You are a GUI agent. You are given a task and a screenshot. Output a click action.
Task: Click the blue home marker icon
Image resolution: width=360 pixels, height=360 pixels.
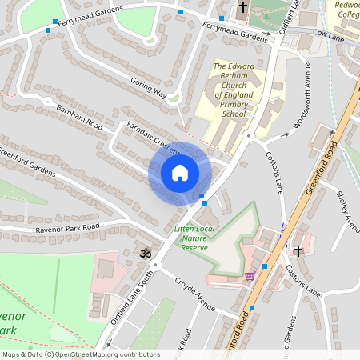(180, 173)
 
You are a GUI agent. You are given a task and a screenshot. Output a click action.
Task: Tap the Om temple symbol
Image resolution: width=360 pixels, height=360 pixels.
(145, 254)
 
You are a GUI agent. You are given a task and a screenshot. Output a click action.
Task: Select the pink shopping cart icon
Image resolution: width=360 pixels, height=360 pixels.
(250, 276)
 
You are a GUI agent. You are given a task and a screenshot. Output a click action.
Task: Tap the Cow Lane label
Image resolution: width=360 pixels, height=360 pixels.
(328, 34)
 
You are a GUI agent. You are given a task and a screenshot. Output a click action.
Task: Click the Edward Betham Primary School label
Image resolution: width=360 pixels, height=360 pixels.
(234, 90)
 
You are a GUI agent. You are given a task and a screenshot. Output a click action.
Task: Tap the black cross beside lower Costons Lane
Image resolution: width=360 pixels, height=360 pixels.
(298, 251)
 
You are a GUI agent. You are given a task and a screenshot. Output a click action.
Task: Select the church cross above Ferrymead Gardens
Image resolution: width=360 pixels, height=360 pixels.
(243, 9)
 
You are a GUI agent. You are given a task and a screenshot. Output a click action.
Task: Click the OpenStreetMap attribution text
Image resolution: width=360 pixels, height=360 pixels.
(80, 354)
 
